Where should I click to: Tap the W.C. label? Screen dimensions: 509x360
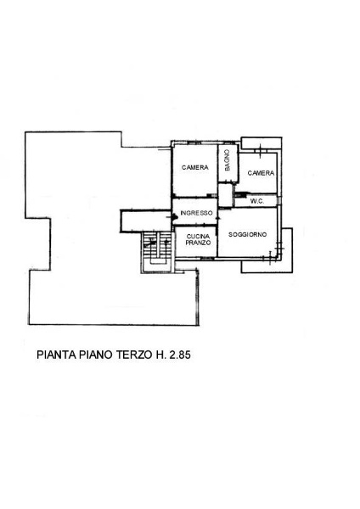coord(258,201)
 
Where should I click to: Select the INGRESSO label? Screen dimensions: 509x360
coord(195,213)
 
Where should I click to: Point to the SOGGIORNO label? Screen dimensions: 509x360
coord(248,233)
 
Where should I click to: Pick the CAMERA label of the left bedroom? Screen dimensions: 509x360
coord(194,168)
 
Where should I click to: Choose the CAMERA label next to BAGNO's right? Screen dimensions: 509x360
coord(261,173)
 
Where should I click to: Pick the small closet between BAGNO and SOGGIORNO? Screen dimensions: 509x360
coord(225,193)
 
